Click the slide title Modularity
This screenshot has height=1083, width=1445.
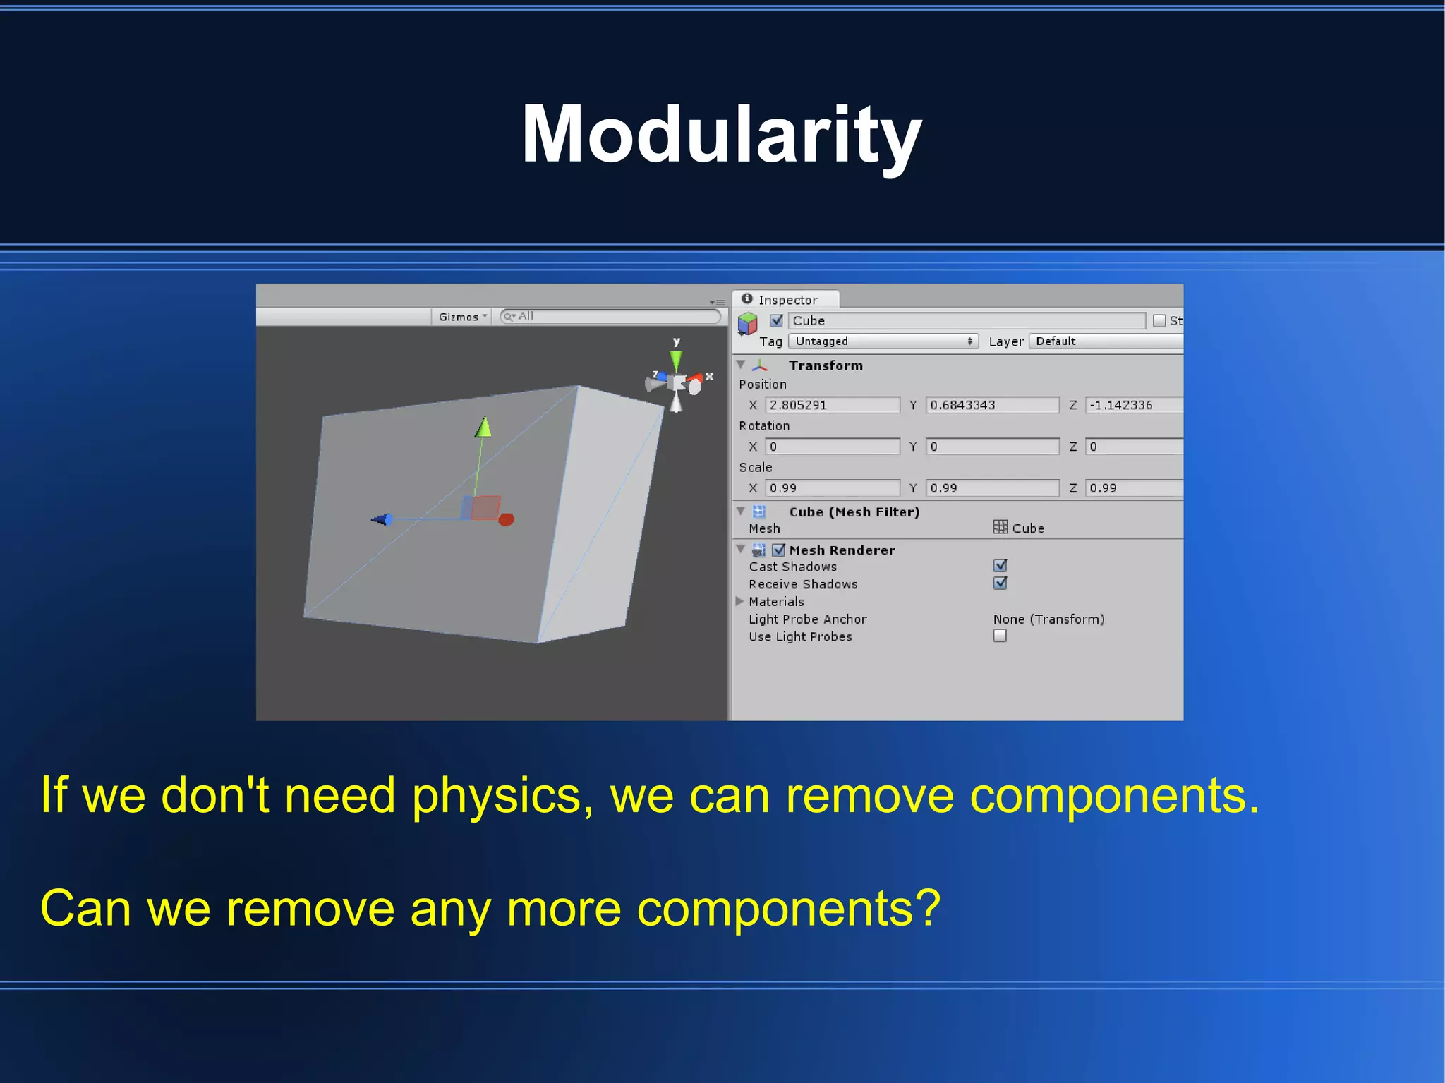(x=721, y=134)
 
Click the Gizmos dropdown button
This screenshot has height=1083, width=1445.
(x=461, y=317)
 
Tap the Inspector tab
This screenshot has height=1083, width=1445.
(x=786, y=300)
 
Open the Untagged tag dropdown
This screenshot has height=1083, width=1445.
(x=883, y=341)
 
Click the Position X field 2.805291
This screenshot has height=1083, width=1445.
(x=832, y=405)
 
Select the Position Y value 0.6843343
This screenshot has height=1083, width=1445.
(x=991, y=405)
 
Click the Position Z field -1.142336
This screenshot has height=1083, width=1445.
(x=1132, y=405)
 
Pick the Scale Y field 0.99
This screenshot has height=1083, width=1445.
(x=991, y=488)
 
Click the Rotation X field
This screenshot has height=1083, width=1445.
(x=832, y=447)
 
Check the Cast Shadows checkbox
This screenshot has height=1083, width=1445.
(x=1000, y=566)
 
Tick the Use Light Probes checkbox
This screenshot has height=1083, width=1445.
(x=1000, y=636)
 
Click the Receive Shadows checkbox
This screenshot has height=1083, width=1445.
(x=1000, y=583)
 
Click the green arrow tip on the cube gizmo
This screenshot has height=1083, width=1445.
(x=483, y=428)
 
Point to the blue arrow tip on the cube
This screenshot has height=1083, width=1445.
(x=380, y=520)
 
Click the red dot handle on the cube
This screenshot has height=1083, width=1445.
(x=506, y=520)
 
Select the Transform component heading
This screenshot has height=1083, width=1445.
(x=826, y=365)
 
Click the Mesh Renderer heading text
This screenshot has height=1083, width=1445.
(x=842, y=550)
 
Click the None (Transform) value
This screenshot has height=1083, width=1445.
(x=1048, y=619)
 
